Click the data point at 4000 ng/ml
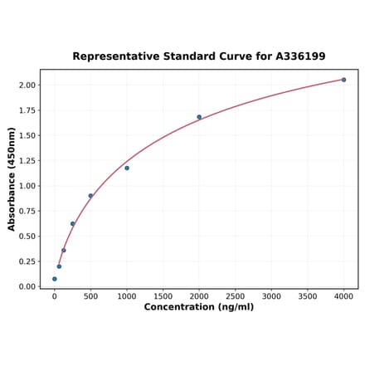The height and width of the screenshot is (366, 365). click(343, 80)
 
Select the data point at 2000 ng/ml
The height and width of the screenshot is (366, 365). click(199, 117)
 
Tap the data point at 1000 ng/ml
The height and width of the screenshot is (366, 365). click(127, 168)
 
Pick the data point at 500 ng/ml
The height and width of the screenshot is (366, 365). click(90, 196)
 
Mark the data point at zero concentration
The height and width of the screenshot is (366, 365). click(55, 279)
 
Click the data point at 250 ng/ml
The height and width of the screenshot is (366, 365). click(72, 223)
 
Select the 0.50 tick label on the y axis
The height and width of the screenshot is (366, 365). click(27, 237)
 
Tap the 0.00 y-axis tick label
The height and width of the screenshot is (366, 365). click(27, 287)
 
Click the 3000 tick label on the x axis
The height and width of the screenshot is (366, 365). click(271, 295)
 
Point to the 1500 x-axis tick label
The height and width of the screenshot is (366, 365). click(163, 295)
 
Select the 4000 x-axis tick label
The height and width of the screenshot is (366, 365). click(343, 295)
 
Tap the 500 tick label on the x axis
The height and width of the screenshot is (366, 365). click(90, 295)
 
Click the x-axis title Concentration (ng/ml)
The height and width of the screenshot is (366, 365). click(199, 307)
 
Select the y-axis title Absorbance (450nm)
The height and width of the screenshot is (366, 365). click(12, 178)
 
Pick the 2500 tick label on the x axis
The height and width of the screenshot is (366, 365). click(235, 295)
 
